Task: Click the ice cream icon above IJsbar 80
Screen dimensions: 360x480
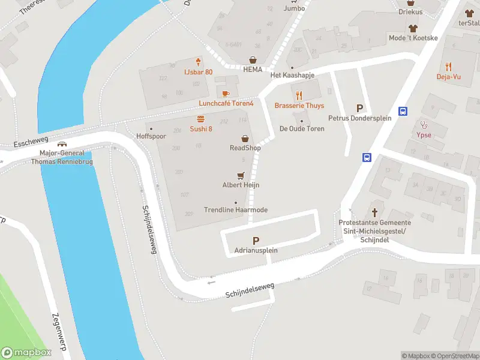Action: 198,62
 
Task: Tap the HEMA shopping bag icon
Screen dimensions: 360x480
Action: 253,59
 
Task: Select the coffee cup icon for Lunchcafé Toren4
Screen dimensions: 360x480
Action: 226,94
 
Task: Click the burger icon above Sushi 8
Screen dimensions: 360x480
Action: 201,119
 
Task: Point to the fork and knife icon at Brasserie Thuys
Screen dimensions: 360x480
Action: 299,95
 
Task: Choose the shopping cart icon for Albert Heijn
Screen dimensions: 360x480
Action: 241,175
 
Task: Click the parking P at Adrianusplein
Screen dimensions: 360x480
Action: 256,240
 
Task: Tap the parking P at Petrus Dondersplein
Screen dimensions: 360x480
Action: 359,108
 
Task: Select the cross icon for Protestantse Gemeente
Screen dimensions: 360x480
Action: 374,212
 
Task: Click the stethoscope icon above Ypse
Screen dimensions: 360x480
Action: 424,125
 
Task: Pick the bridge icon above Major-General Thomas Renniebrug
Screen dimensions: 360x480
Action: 61,144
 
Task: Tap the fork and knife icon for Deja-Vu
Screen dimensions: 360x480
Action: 448,67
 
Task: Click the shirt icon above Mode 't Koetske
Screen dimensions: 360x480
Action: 413,28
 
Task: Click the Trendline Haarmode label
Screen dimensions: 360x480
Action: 236,210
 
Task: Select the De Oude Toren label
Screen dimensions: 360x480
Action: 302,129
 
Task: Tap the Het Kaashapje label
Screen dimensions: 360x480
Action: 292,75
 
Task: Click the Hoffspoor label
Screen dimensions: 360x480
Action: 150,136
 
